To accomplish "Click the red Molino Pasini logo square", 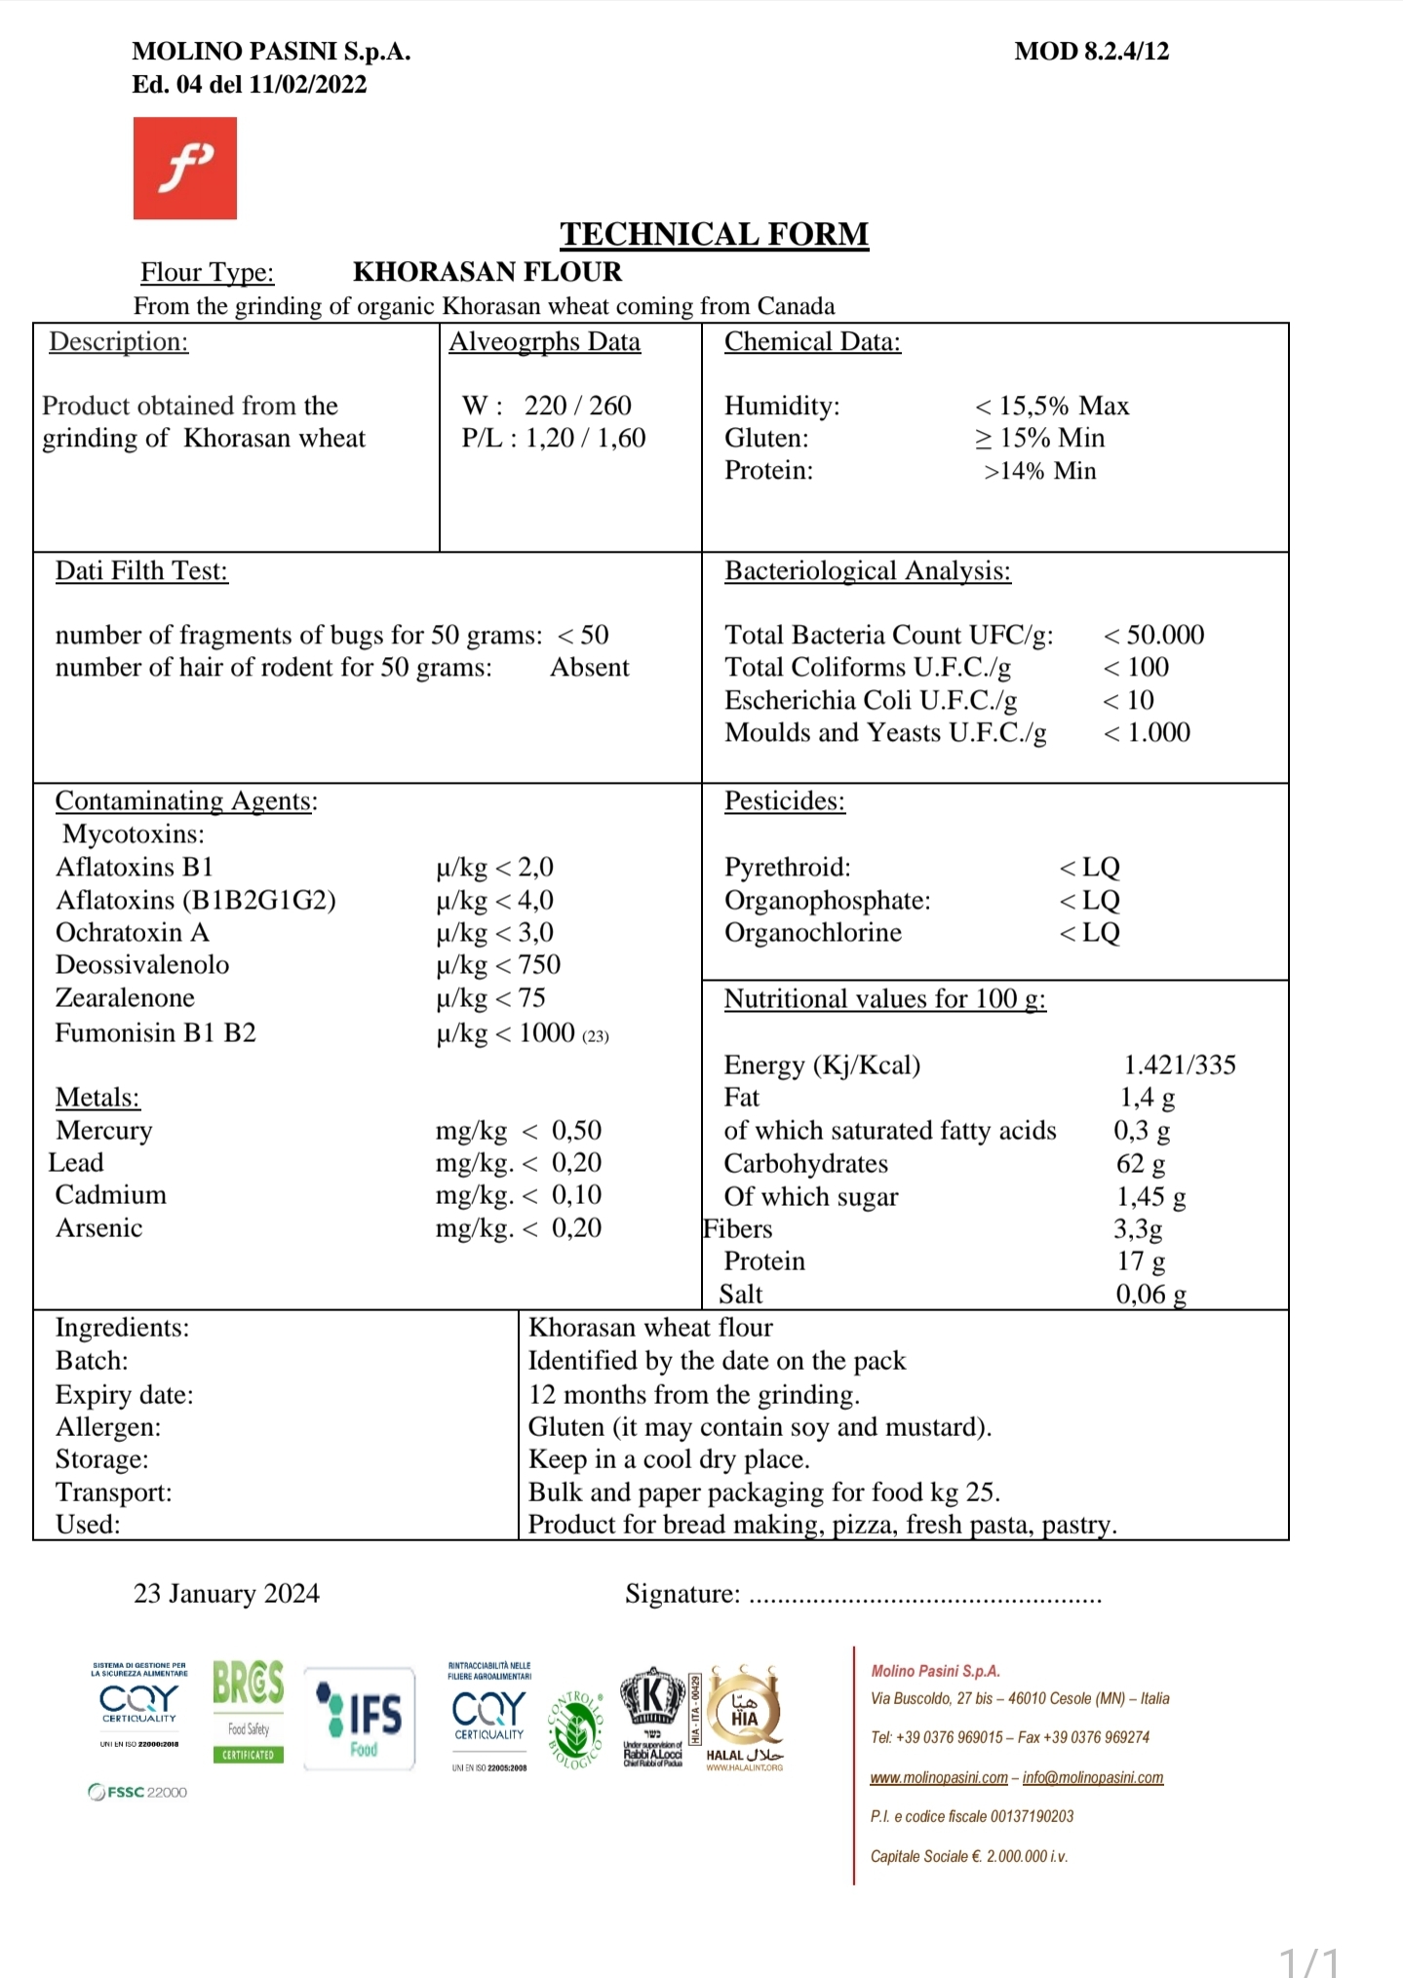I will tap(184, 168).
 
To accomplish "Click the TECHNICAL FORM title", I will tap(714, 234).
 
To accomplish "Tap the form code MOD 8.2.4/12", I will tap(1091, 52).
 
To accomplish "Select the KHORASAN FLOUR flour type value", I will tap(487, 272).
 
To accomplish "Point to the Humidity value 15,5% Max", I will tap(1052, 406).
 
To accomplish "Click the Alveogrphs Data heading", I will tap(544, 342).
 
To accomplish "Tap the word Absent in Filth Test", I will tap(589, 668).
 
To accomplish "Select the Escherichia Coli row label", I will tap(870, 700).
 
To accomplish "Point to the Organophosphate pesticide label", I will tap(827, 900).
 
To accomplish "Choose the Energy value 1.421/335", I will tap(1179, 1065).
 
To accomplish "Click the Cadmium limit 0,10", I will tap(575, 1195).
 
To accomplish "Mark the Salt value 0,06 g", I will tap(1150, 1295).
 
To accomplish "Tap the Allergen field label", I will tap(108, 1427).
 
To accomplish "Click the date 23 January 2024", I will tap(226, 1594).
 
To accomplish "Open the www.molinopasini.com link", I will tap(938, 1777).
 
